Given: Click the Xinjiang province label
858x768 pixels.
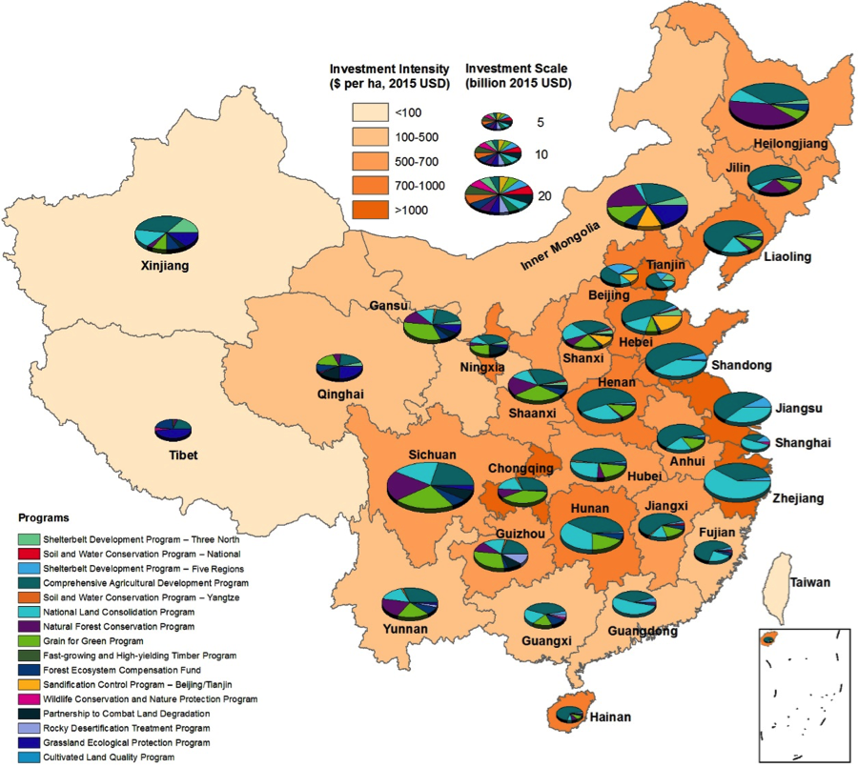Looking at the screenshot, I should click(164, 267).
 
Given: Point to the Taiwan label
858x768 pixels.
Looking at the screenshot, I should click(809, 583).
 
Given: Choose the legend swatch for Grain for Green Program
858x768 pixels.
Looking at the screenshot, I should click(28, 641).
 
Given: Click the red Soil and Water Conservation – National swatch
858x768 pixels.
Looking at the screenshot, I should click(28, 554).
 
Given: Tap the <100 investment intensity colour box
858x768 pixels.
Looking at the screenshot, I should click(372, 113).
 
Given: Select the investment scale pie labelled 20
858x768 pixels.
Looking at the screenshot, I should click(499, 195).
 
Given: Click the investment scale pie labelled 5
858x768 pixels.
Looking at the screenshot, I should click(498, 121).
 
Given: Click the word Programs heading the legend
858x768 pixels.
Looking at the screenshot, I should click(43, 518).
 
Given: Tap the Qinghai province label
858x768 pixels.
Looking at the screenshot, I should click(340, 394).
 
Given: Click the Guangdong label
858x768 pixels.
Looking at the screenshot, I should click(643, 632).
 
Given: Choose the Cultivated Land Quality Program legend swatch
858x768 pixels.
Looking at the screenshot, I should click(28, 758).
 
